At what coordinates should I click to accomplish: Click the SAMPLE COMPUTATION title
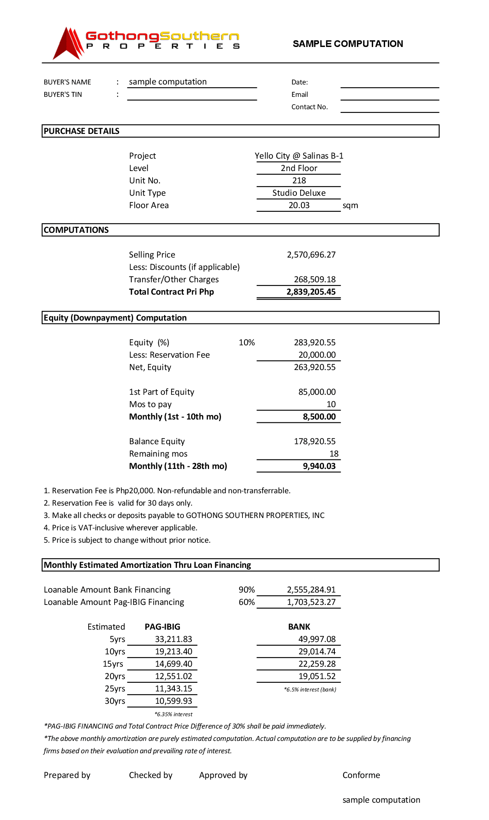coord(348,44)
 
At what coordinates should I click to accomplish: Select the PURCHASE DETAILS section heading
coord(82,131)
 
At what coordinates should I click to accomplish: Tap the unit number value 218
coord(299,180)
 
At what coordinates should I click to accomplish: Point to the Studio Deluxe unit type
coord(299,193)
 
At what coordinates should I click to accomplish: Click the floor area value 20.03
coord(299,205)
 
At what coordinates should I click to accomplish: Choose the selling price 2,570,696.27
coord(311,255)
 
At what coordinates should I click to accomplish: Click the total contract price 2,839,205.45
coord(311,292)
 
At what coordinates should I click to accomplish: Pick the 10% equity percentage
coord(247,342)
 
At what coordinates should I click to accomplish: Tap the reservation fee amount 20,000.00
coord(317,355)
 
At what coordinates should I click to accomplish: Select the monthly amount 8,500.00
coord(319,417)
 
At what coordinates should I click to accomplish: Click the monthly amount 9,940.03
coord(319,466)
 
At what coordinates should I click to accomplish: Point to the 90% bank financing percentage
coord(247,590)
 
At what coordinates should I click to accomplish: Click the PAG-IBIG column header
coord(162,627)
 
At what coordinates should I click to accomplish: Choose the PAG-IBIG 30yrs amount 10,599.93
coord(174,701)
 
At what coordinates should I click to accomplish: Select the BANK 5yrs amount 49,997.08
coord(317,639)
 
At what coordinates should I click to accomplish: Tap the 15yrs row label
coord(113,664)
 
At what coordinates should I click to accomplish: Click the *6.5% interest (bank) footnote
coord(310,689)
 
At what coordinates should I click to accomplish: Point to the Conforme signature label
coord(361,775)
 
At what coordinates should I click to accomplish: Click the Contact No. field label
coord(310,107)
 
